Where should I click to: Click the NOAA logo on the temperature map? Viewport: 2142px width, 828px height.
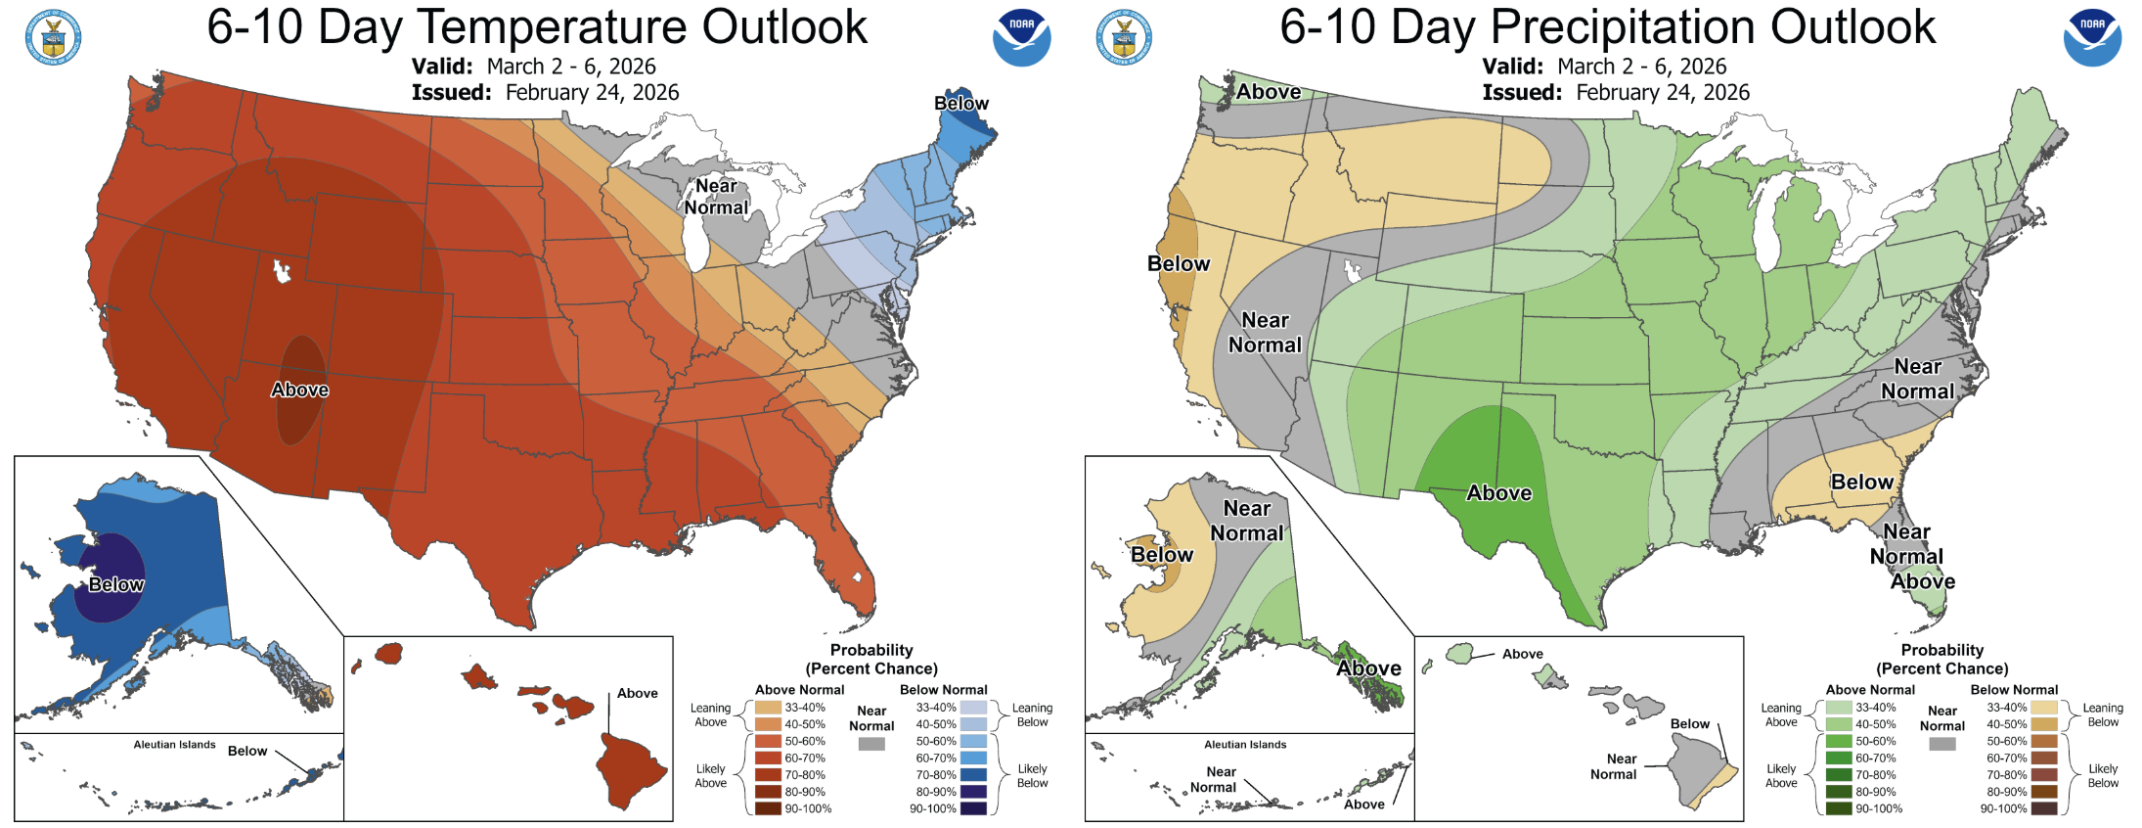point(1021,38)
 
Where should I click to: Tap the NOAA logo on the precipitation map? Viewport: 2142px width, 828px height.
point(2092,38)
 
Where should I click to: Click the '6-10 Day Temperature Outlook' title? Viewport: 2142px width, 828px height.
point(537,26)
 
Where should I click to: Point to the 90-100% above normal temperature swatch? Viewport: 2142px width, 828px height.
point(768,808)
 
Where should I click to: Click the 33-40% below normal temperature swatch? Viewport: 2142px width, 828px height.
point(973,708)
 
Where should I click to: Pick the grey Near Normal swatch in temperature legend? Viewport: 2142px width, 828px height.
point(871,744)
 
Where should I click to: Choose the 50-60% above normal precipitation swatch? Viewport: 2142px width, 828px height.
point(1839,741)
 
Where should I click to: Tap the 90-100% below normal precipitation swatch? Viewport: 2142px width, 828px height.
point(2044,808)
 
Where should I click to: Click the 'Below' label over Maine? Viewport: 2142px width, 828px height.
point(960,104)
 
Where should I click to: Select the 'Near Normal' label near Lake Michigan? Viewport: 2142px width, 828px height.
point(716,197)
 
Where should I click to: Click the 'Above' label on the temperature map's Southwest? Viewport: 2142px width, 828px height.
point(299,390)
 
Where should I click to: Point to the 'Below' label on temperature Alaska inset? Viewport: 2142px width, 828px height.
point(116,584)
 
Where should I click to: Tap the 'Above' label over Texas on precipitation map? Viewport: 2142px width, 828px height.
point(1498,493)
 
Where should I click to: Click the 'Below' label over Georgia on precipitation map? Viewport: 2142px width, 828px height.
point(1861,482)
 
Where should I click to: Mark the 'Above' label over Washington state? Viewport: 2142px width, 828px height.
point(1269,92)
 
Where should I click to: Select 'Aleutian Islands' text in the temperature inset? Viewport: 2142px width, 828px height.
point(174,745)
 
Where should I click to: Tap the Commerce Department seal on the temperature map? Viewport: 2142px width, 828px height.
point(53,38)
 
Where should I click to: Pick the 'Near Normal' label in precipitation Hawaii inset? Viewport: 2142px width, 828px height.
point(1614,766)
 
